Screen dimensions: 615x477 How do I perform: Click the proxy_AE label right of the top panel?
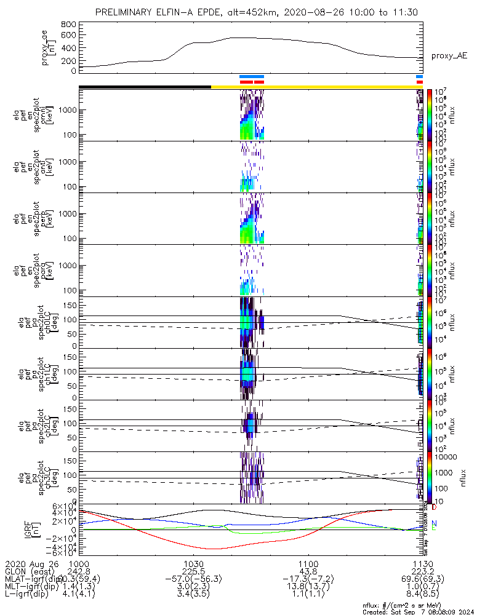[x=449, y=56]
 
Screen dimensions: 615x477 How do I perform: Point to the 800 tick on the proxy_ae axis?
[x=69, y=25]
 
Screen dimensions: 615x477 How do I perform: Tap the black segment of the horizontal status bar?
[x=145, y=87]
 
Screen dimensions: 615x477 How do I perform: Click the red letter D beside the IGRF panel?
[x=434, y=507]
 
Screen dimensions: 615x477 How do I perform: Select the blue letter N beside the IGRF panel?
[x=434, y=523]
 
